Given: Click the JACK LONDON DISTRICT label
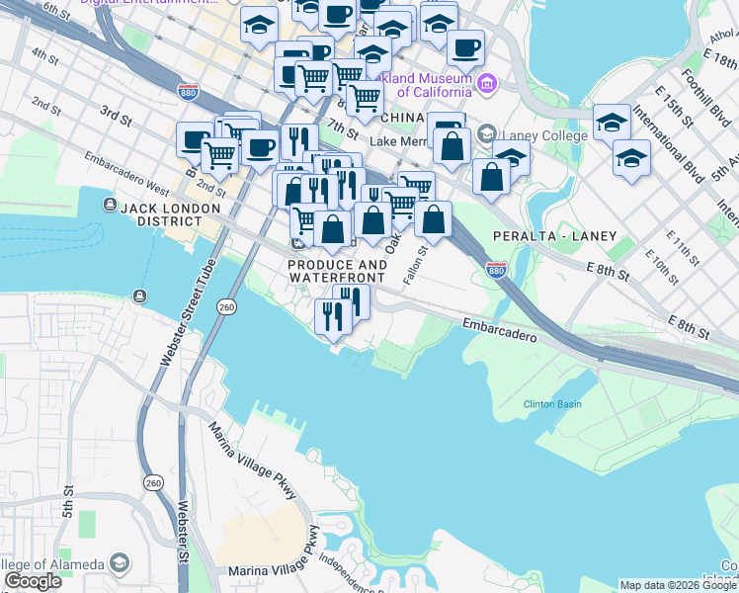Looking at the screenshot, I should pyautogui.click(x=174, y=208).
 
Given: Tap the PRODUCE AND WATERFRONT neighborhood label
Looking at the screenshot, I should pyautogui.click(x=338, y=272).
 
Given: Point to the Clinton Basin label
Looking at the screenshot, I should pyautogui.click(x=552, y=404).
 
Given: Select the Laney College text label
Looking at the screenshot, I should pyautogui.click(x=534, y=135).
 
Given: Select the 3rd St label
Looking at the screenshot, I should pyautogui.click(x=116, y=115).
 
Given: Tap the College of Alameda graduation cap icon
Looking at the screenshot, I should pyautogui.click(x=119, y=563).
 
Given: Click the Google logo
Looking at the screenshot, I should pyautogui.click(x=33, y=581).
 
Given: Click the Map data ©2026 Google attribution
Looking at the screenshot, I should pyautogui.click(x=677, y=585).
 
